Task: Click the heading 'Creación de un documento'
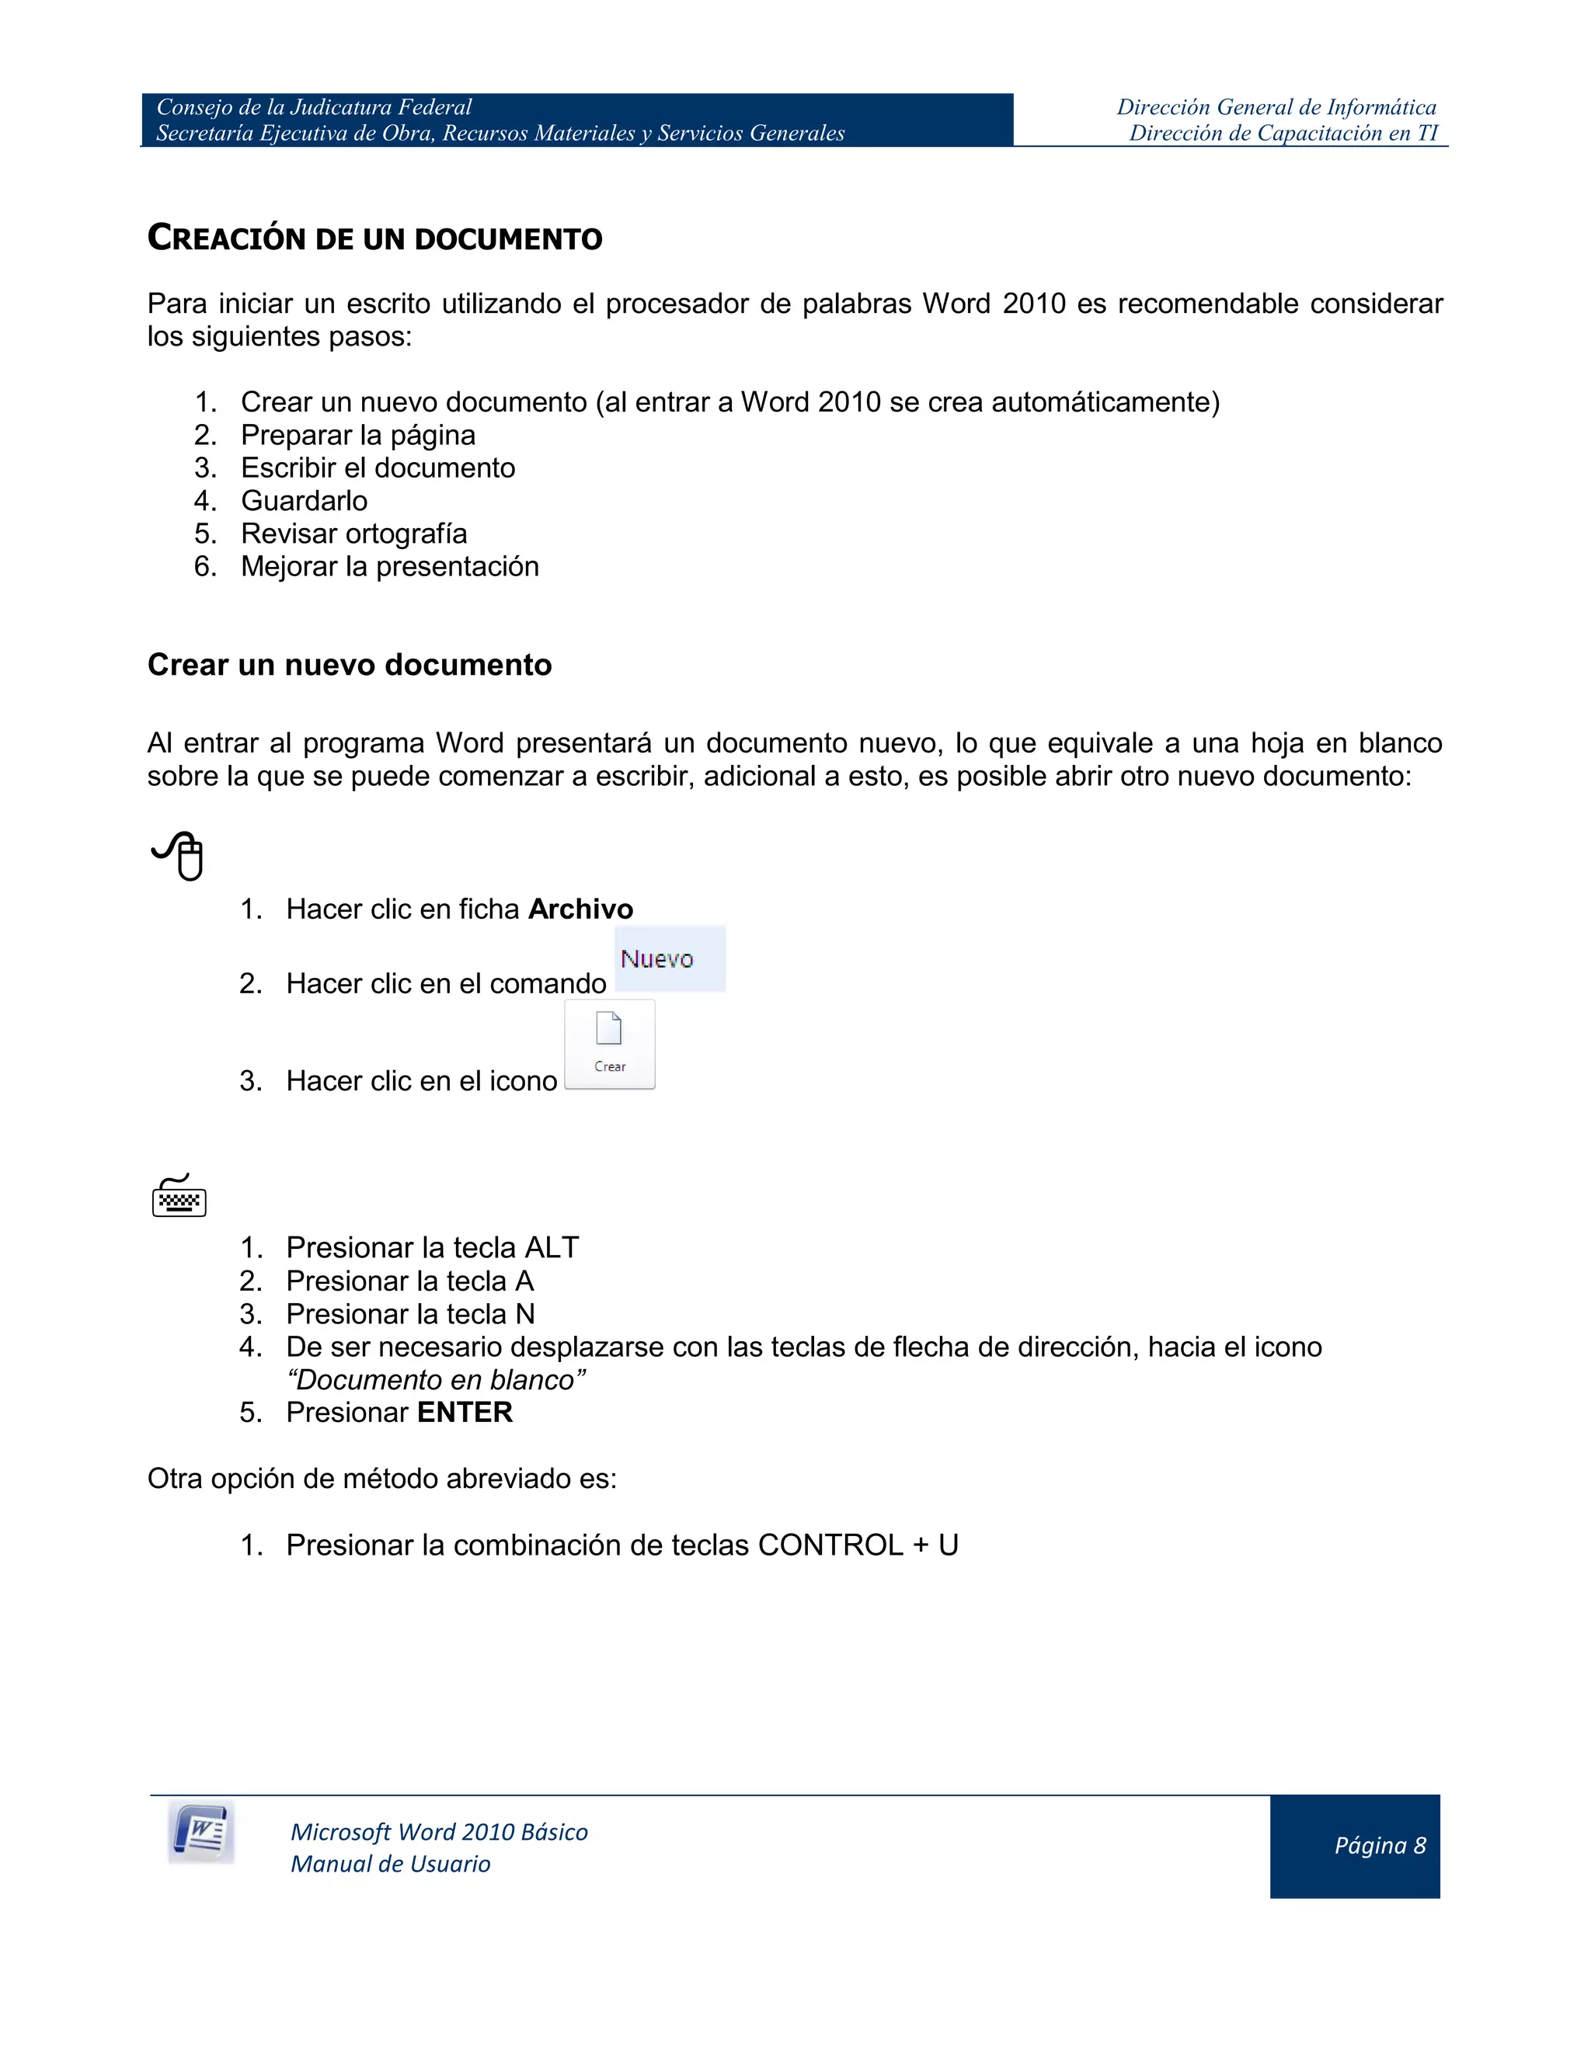click(374, 238)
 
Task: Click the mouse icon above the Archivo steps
click(179, 856)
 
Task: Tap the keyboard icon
click(179, 1197)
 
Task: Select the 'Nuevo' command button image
click(669, 959)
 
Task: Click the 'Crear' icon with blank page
click(610, 1044)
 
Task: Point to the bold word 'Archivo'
click(580, 909)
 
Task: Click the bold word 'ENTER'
click(465, 1413)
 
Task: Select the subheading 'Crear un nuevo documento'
click(350, 666)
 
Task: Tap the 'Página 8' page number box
click(1354, 1846)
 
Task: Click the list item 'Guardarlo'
click(304, 500)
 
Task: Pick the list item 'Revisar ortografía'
click(353, 534)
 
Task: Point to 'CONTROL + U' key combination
click(858, 1545)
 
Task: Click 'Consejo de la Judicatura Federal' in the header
click(314, 107)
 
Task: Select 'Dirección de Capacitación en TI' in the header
click(1283, 133)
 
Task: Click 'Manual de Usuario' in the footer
click(390, 1864)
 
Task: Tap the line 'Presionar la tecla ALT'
click(432, 1248)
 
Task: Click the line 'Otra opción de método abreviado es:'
click(381, 1479)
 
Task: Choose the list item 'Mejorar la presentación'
click(389, 566)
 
